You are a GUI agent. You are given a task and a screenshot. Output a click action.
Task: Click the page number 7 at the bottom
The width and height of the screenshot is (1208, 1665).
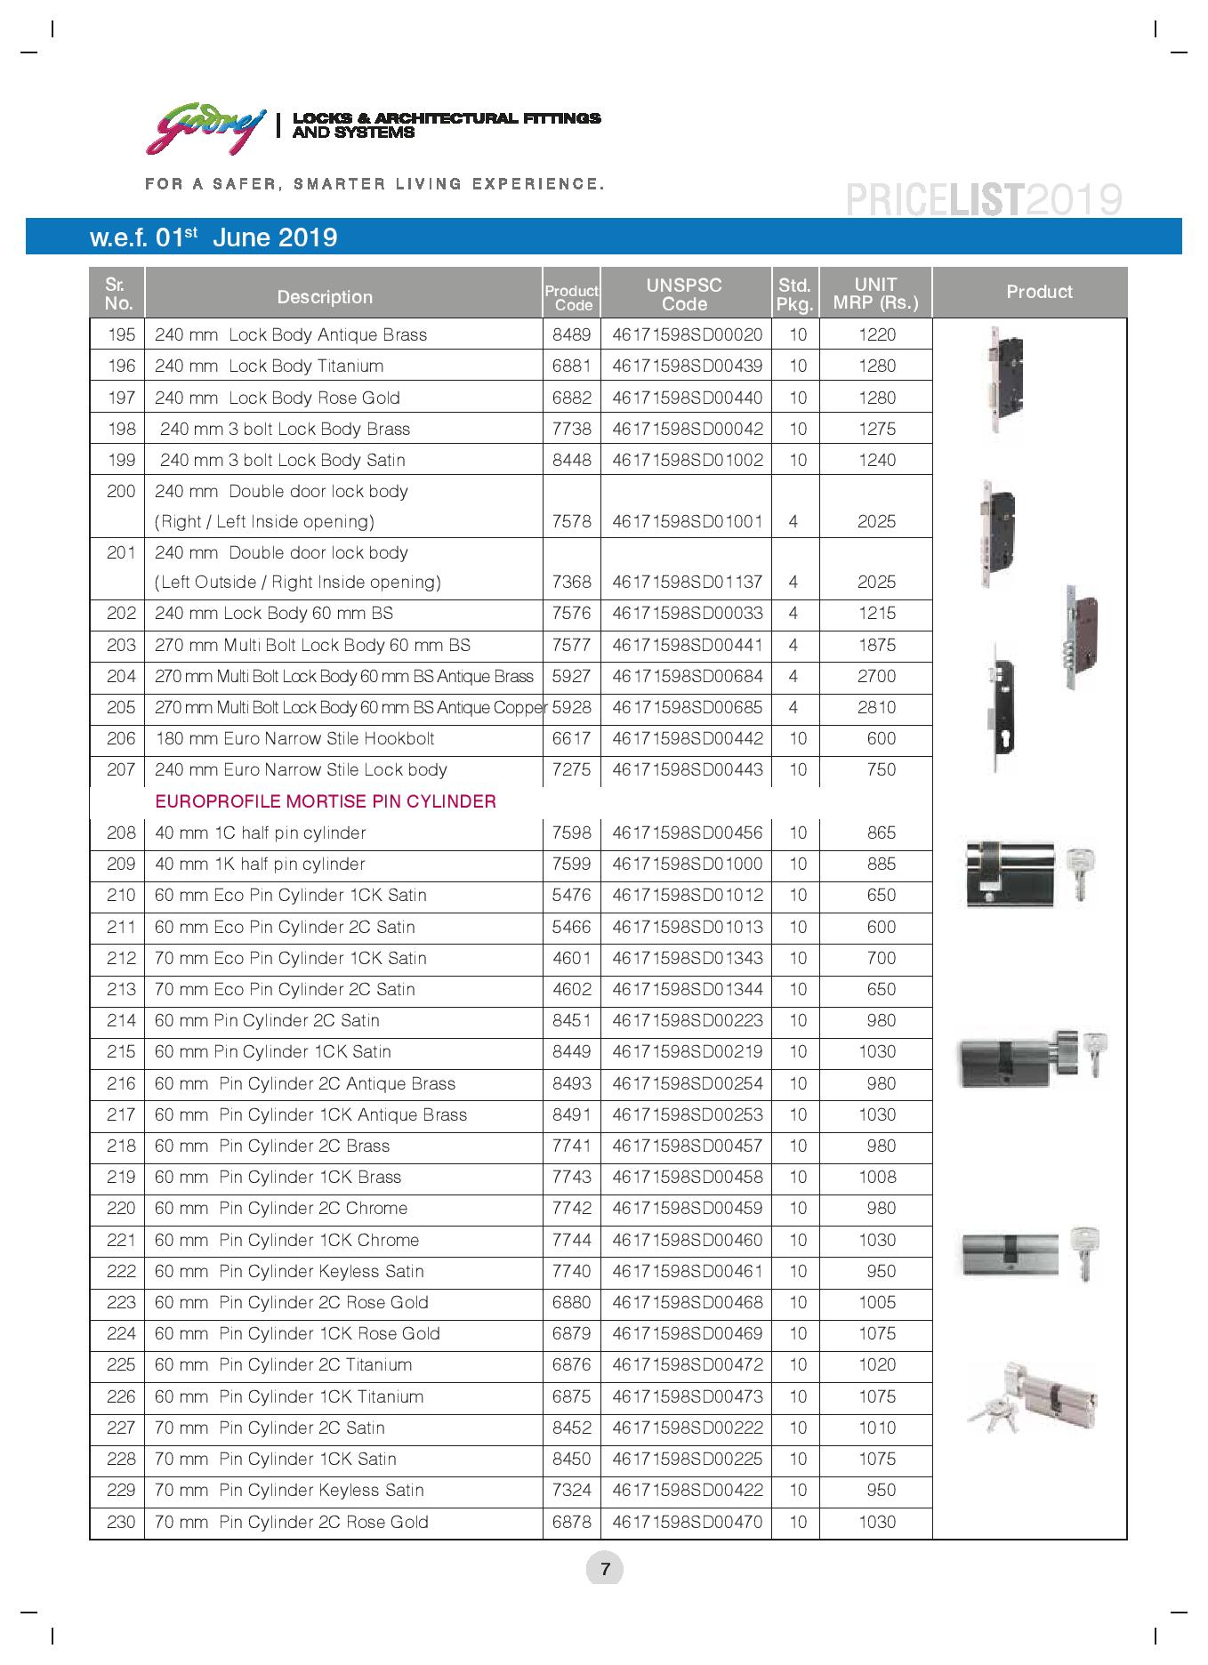point(605,1568)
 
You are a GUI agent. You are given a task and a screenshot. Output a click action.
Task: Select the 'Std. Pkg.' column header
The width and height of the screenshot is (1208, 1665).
point(794,294)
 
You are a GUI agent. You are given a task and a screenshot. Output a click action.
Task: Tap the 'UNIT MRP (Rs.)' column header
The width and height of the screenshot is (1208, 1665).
point(875,294)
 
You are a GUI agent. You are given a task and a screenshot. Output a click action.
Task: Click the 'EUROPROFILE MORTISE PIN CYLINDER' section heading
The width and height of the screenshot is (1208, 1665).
point(326,801)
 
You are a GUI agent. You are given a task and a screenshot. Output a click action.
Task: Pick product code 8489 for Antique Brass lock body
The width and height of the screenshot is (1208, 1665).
point(571,335)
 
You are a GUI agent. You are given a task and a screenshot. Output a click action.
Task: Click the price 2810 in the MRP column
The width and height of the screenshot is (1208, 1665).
point(876,708)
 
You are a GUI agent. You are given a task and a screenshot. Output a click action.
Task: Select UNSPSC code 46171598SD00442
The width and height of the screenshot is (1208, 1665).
point(687,739)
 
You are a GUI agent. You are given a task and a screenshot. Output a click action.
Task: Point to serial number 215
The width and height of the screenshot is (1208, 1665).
point(121,1052)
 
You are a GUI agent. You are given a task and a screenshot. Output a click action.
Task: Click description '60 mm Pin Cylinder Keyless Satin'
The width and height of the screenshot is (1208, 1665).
point(289,1271)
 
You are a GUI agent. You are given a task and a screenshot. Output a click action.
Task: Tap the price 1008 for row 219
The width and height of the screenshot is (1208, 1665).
point(877,1178)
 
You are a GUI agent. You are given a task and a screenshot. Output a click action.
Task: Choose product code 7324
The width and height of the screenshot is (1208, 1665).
point(571,1491)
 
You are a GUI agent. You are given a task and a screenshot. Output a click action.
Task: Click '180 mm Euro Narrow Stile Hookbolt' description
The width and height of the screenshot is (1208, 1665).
point(294,739)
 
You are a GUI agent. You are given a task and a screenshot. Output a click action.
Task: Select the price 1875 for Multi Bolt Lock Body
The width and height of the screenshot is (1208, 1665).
point(876,646)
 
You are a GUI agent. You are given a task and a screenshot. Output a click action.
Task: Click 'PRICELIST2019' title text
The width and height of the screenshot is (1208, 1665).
point(983,200)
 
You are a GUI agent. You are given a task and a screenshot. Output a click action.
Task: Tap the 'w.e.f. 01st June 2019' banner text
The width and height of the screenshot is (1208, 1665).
point(213,237)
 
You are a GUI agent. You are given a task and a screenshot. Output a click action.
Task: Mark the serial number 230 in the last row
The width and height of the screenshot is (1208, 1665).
point(121,1522)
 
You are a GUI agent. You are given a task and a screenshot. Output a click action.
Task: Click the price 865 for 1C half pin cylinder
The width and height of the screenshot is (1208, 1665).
point(881,833)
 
